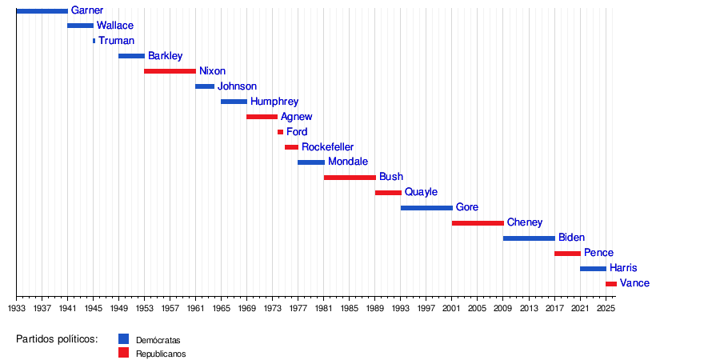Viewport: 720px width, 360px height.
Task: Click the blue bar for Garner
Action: click(42, 11)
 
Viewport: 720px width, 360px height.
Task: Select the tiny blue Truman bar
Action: click(94, 41)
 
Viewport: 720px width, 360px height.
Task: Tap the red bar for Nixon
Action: click(170, 71)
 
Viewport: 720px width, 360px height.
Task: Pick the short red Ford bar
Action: click(281, 132)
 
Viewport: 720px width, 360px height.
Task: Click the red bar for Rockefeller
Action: click(291, 147)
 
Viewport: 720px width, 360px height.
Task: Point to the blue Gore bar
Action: click(426, 208)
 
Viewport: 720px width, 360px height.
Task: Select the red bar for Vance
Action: click(611, 284)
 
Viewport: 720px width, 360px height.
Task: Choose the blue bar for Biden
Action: click(529, 238)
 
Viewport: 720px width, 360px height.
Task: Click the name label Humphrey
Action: click(274, 102)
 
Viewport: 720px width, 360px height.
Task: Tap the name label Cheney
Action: click(525, 222)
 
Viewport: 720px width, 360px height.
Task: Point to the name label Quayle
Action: click(421, 192)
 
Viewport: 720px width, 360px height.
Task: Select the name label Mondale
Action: click(348, 162)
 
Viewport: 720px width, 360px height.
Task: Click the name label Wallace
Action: click(115, 26)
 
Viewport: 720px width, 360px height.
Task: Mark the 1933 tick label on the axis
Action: click(17, 306)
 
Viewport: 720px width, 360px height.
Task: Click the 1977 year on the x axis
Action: click(298, 306)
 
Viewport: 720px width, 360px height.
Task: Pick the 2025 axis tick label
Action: click(606, 306)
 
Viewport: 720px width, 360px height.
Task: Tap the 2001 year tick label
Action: click(452, 306)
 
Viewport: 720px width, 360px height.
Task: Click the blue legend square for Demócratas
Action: click(123, 339)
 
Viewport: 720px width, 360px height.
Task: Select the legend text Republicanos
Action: click(161, 354)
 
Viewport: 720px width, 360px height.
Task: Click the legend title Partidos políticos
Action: click(58, 339)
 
